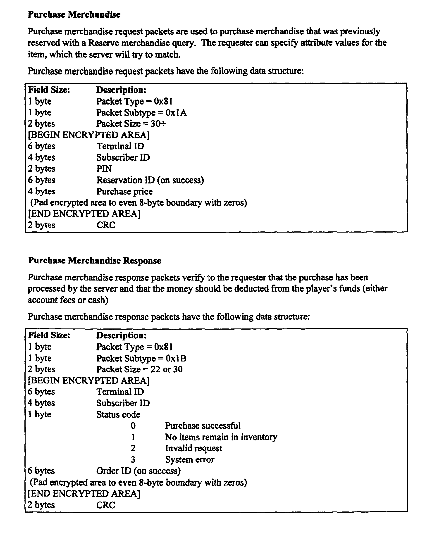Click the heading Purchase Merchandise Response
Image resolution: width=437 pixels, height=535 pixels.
pos(94,260)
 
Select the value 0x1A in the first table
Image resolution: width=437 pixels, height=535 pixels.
pos(176,112)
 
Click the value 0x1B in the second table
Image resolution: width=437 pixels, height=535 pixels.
pos(176,358)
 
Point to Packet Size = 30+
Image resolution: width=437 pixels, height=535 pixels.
pos(131,124)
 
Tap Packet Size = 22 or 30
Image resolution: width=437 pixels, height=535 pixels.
pos(139,369)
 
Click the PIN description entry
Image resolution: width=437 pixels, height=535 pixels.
pos(104,169)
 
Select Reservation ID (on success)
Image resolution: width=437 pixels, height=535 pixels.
pos(150,180)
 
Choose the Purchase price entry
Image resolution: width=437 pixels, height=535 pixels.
pos(124,192)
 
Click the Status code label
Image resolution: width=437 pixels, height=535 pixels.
pos(118,414)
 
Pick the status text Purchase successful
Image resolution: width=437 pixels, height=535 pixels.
pos(203,426)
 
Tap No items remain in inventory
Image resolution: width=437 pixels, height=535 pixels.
pos(221,437)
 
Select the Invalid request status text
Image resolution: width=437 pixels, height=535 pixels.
pos(193,448)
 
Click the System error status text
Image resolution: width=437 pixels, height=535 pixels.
pos(189,459)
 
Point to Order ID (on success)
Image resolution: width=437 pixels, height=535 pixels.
pos(139,471)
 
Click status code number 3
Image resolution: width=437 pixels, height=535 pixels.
pos(133,459)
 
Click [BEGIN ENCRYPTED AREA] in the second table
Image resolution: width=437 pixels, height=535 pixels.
pos(89,380)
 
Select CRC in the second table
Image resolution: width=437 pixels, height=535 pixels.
pos(106,505)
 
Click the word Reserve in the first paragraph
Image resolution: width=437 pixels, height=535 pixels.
pos(103,43)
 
